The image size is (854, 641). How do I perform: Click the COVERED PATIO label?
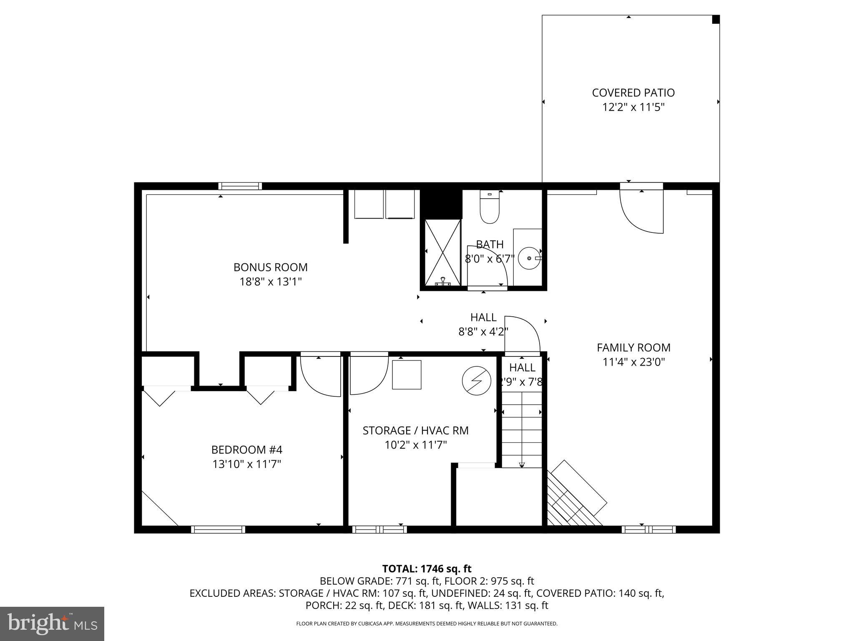tap(633, 93)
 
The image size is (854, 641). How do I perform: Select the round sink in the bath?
tap(529, 258)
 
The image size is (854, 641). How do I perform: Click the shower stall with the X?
tap(442, 252)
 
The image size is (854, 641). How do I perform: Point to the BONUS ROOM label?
tap(270, 267)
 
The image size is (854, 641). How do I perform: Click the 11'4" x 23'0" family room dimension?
tap(633, 362)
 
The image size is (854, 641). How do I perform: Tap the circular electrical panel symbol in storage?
tap(476, 381)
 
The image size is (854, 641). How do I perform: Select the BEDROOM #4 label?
tap(246, 450)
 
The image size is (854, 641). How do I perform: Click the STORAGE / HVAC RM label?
tap(415, 431)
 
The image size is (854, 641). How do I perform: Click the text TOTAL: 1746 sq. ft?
tap(427, 569)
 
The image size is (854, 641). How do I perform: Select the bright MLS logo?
tap(52, 623)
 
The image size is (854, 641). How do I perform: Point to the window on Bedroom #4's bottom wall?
tap(218, 530)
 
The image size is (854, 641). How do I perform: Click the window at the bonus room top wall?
tap(240, 186)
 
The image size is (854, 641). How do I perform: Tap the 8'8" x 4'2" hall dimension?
tap(483, 332)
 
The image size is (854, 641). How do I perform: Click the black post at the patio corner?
tap(715, 19)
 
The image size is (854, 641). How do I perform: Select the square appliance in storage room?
tap(406, 374)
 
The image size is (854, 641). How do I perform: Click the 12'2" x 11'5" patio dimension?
tap(633, 107)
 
